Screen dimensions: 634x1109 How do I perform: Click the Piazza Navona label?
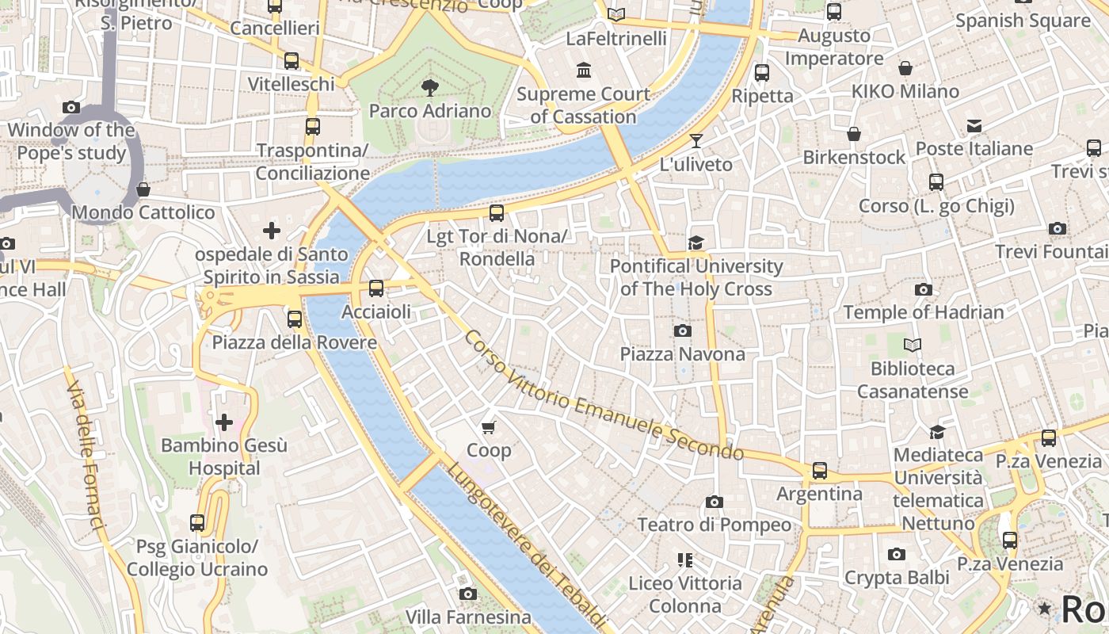point(682,354)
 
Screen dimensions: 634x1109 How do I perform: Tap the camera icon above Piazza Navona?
point(682,330)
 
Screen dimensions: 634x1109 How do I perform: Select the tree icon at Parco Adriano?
point(429,87)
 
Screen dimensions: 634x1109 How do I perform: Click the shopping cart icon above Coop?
point(489,427)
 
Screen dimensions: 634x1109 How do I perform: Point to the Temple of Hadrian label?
point(924,312)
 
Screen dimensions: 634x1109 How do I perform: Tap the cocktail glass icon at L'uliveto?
point(696,141)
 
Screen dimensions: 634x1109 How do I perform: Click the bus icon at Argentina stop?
point(820,471)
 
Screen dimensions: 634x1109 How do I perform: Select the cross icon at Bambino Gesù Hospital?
point(224,422)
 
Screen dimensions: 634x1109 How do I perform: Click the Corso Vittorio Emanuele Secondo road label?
point(602,395)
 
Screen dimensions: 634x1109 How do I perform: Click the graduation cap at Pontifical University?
point(696,243)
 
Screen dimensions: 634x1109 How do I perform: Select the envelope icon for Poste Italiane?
point(974,126)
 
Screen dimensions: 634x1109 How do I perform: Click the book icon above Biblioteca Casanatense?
point(913,345)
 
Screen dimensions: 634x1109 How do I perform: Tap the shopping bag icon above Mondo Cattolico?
point(143,189)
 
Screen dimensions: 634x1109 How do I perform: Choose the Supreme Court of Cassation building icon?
point(585,71)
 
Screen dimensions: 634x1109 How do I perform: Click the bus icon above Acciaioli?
point(376,288)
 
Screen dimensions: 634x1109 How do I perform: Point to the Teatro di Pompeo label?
point(714,525)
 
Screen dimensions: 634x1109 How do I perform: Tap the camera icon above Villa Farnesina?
point(468,594)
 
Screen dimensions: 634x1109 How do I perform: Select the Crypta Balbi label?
point(897,578)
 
